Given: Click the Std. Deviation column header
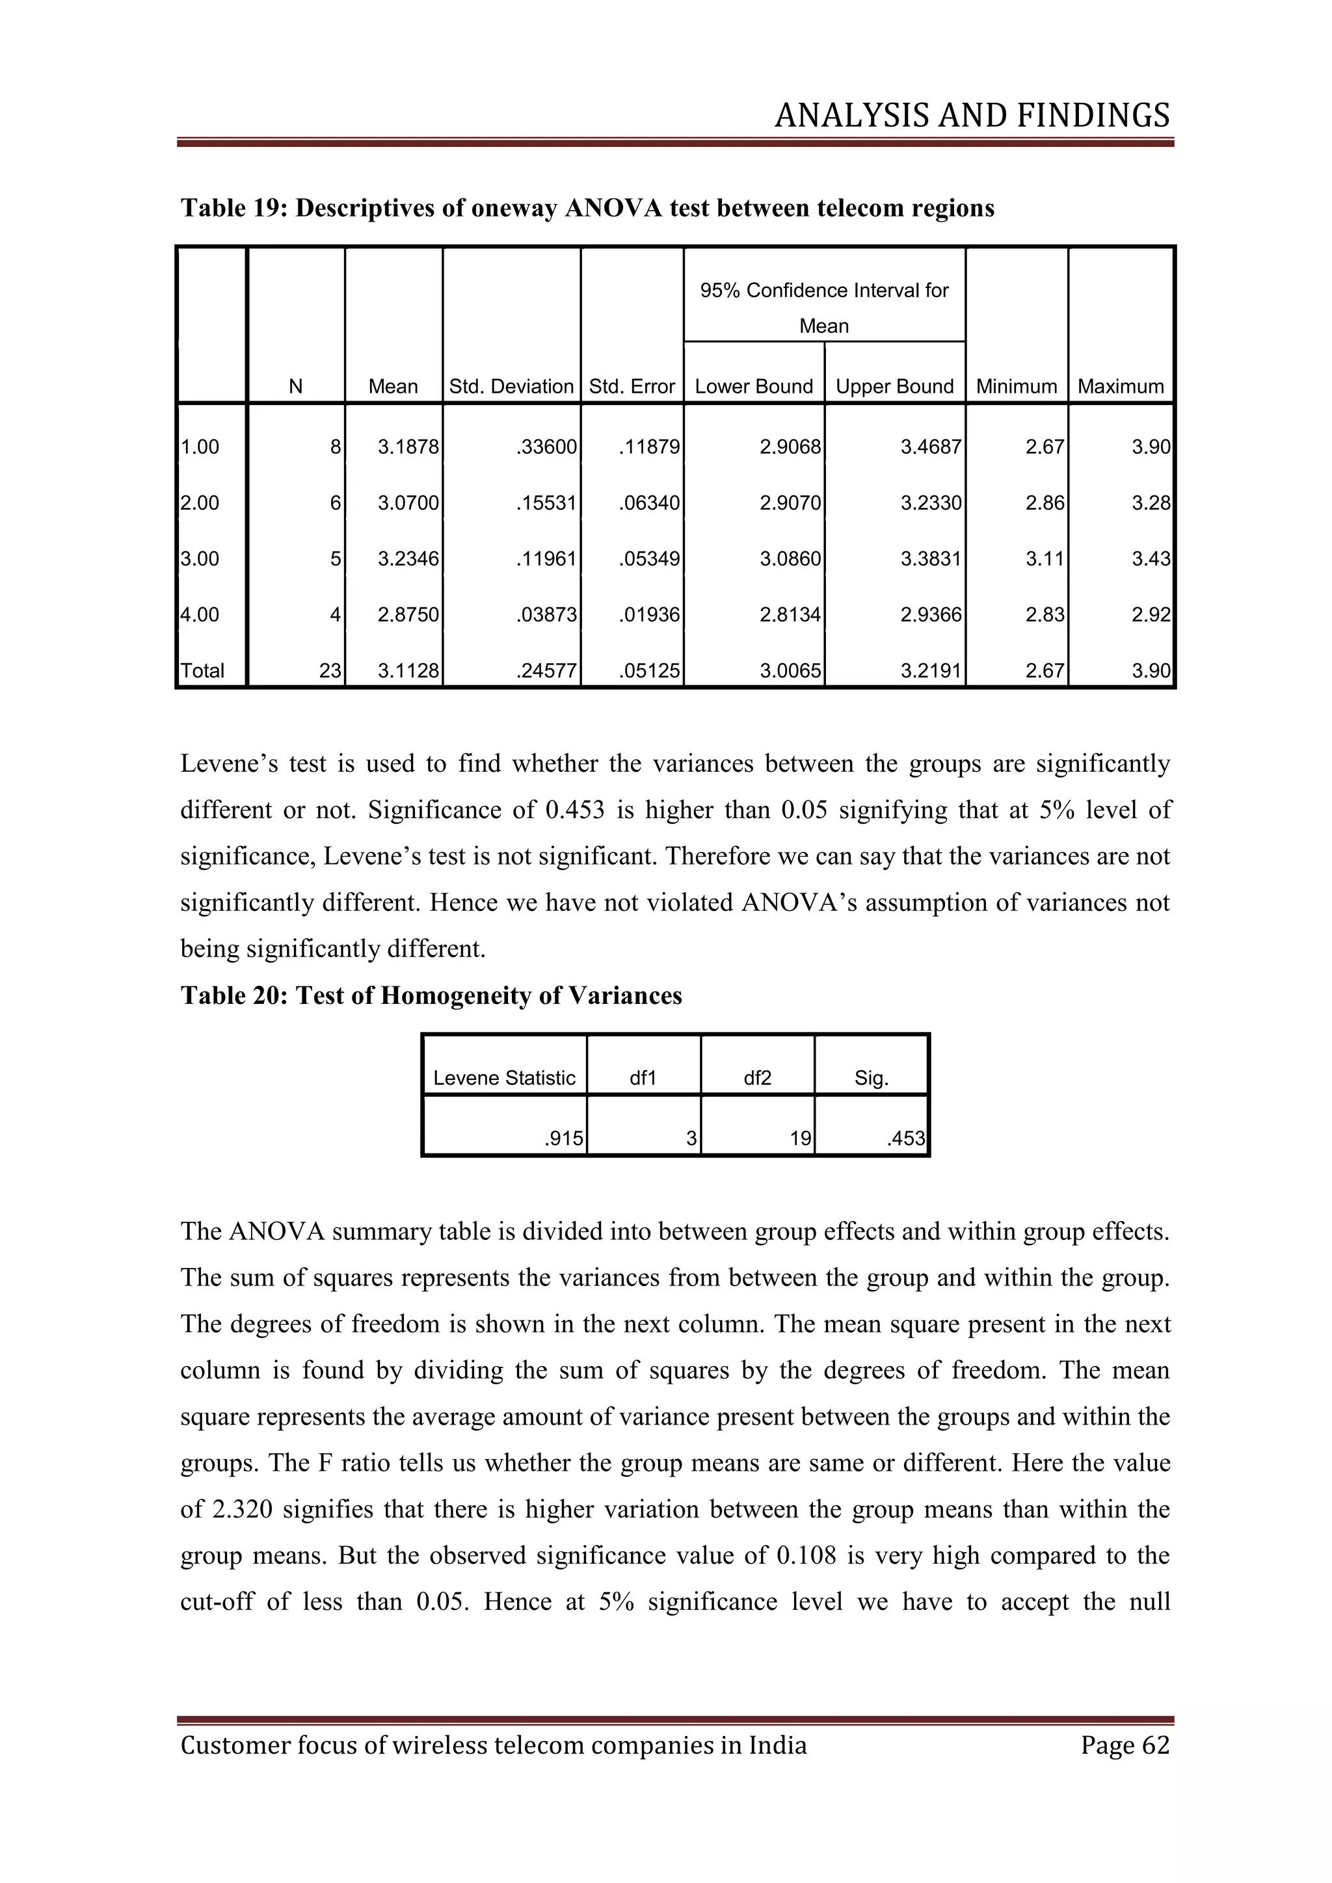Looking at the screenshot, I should [x=511, y=386].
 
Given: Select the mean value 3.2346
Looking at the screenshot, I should [x=408, y=559].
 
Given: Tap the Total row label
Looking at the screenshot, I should [x=202, y=670].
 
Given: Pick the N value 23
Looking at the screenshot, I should [x=330, y=670].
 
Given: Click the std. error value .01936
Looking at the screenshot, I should [x=650, y=614].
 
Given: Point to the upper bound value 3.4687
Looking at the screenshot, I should [x=930, y=447].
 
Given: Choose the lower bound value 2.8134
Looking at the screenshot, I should [x=790, y=614].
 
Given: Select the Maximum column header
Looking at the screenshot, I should [x=1121, y=386].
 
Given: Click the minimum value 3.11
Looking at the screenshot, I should [x=1044, y=559].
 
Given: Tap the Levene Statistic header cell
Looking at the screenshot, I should [x=505, y=1077].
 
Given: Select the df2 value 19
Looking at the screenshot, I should [x=801, y=1139].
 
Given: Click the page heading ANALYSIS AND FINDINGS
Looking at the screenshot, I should [x=972, y=116].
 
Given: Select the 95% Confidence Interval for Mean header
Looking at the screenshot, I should [x=823, y=308].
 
